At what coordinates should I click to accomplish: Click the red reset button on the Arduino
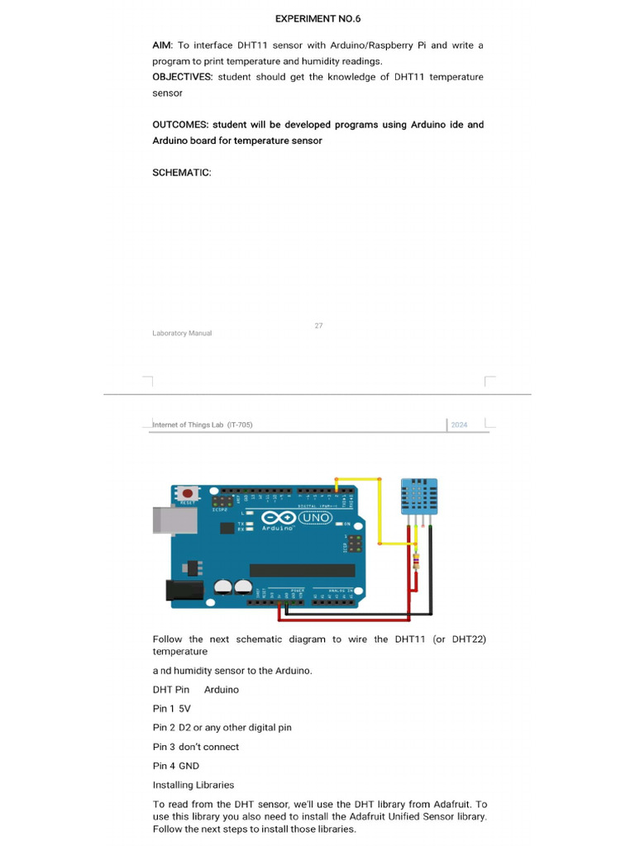(187, 493)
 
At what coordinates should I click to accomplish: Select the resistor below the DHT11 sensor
(416, 562)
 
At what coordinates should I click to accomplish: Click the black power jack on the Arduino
(184, 589)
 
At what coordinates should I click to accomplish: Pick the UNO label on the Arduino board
(314, 519)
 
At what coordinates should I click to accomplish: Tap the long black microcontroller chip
(302, 569)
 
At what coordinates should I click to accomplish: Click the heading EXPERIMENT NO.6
(317, 18)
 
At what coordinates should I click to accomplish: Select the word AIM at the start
(161, 45)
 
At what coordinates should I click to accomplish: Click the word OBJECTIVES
(182, 77)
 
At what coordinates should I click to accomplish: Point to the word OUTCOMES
(179, 125)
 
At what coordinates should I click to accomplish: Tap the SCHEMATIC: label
(182, 173)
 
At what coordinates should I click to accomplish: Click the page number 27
(318, 326)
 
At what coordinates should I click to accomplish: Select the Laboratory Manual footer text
(182, 334)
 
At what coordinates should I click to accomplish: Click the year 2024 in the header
(459, 425)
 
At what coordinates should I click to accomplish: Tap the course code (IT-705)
(240, 425)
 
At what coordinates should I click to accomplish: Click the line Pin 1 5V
(171, 709)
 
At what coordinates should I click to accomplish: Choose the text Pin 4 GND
(176, 766)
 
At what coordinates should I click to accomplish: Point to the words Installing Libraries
(193, 785)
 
